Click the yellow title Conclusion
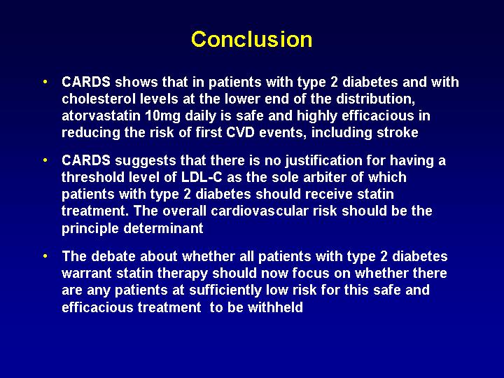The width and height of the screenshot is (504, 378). click(252, 39)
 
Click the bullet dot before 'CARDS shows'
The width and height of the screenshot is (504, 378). click(45, 82)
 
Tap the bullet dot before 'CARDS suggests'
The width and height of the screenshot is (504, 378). click(45, 160)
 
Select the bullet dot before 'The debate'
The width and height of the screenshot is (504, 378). click(45, 256)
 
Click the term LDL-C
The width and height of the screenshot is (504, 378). click(202, 177)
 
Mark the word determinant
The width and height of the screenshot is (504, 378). click(163, 228)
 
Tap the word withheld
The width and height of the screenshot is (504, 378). click(275, 307)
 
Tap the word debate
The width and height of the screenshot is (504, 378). click(113, 256)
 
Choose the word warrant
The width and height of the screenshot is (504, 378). click(87, 274)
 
